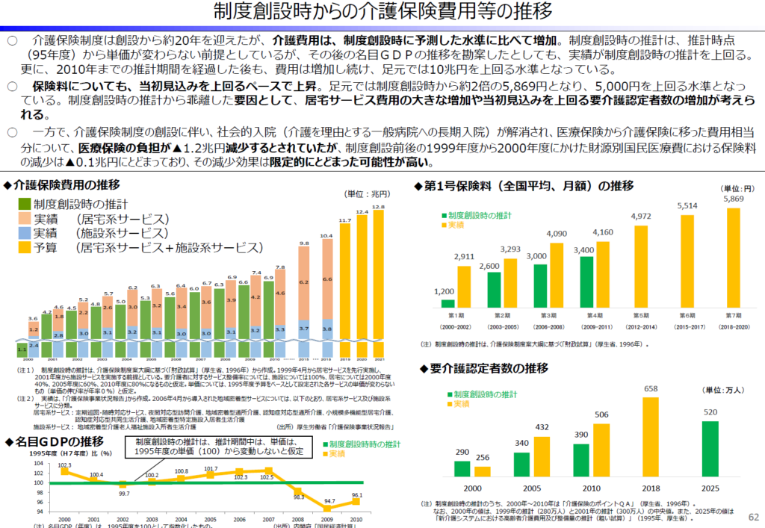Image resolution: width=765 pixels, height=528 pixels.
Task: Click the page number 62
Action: tap(752, 517)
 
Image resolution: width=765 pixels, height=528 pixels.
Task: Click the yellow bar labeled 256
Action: tap(483, 470)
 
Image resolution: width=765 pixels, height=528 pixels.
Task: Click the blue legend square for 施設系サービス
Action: tap(24, 233)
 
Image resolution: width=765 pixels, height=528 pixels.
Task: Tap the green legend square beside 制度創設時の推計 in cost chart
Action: tap(24, 204)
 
